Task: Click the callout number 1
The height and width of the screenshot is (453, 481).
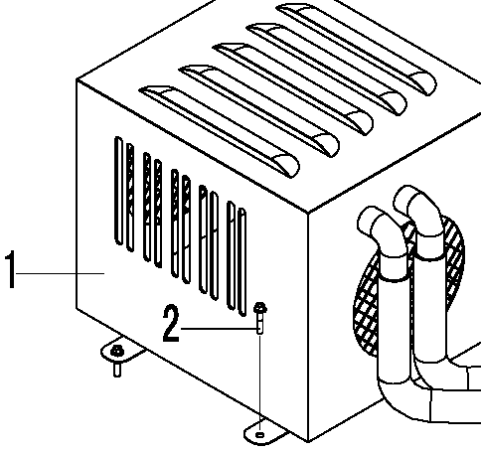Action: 11,269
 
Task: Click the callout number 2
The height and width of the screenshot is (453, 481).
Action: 171,324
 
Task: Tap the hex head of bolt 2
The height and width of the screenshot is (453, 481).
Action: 260,308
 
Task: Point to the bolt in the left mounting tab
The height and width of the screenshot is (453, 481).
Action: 117,360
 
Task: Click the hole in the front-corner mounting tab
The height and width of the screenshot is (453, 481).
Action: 260,434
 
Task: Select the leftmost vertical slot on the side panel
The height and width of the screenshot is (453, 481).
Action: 118,191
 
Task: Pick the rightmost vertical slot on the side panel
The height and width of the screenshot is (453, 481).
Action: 242,261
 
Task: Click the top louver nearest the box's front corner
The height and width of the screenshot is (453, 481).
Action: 220,131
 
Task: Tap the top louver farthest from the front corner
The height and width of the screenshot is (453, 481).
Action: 357,50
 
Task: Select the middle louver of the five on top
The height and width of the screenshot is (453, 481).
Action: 293,88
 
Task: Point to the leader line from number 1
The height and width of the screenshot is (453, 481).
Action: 61,273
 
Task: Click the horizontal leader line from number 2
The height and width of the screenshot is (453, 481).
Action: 220,329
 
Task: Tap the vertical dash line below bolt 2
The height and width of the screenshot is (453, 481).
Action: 260,380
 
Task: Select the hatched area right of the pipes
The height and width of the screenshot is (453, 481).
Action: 454,251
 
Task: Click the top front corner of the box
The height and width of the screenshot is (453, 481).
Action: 308,213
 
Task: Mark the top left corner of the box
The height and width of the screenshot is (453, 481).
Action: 77,79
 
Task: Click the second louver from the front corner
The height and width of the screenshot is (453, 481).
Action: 258,111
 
